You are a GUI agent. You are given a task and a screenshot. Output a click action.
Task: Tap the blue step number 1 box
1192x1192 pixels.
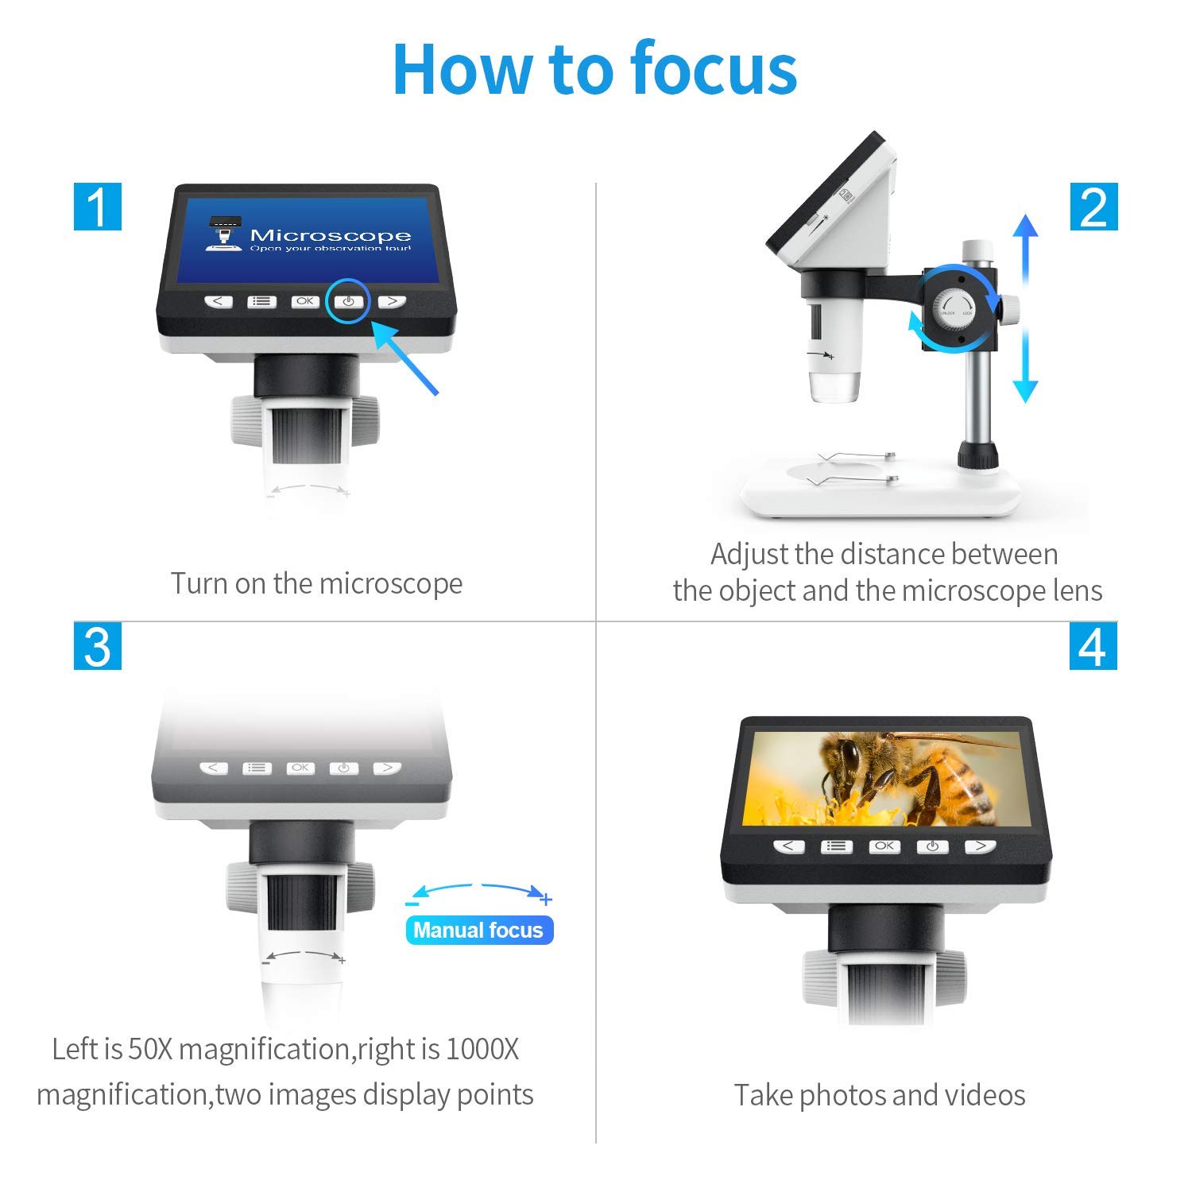click(98, 207)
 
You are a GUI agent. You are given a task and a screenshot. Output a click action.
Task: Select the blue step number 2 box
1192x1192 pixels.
click(1093, 207)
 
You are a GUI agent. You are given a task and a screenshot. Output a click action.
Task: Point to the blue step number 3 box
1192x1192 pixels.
click(98, 646)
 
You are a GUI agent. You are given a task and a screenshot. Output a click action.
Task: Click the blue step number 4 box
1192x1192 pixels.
click(1093, 646)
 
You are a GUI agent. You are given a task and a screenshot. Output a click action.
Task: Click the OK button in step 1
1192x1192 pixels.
click(305, 302)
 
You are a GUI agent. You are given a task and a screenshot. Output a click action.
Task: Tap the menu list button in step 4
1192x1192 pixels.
click(836, 846)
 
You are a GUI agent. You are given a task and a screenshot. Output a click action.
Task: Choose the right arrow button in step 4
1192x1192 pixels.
click(981, 846)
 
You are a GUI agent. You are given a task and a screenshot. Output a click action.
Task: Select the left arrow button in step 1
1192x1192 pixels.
click(219, 302)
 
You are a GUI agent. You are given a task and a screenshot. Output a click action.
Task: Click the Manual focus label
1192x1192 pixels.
click(478, 931)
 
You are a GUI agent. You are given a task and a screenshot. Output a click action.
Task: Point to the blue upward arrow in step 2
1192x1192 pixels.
click(1026, 246)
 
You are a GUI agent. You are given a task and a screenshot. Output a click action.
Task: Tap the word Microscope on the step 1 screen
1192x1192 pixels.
click(330, 235)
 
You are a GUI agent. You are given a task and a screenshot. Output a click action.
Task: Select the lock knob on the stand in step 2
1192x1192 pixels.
click(957, 306)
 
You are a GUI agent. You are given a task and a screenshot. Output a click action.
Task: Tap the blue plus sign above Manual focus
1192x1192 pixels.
click(546, 900)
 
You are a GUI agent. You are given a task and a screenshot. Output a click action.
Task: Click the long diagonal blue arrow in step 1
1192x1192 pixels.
click(405, 358)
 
